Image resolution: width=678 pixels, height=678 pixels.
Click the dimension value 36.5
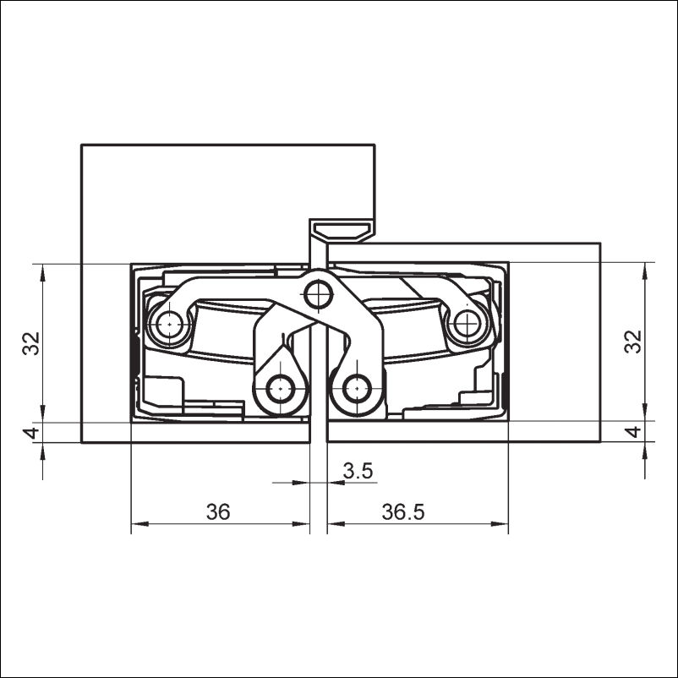click(403, 512)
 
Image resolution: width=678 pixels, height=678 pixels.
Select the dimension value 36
click(218, 512)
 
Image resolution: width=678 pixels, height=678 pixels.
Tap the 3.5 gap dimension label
click(358, 471)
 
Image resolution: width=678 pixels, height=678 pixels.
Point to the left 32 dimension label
click(31, 343)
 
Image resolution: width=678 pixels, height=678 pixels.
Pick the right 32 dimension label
click(633, 342)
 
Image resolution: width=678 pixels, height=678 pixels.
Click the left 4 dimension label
click(31, 432)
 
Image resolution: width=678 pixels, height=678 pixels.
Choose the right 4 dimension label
click(633, 432)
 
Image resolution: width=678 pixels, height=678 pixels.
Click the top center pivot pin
click(318, 295)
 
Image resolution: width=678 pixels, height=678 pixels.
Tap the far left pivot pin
click(169, 324)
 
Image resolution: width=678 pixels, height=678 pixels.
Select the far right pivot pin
click(467, 323)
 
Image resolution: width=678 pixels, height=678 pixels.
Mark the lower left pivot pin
click(280, 389)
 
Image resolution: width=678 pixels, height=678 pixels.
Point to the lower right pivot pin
click(357, 389)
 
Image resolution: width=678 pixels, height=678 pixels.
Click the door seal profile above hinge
click(342, 232)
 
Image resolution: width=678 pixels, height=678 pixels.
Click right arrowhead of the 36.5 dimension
click(500, 524)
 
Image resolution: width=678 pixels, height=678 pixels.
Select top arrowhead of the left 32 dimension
click(42, 272)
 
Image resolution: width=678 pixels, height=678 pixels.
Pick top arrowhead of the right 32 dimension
click(645, 271)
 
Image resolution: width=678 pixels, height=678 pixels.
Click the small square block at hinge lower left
click(163, 391)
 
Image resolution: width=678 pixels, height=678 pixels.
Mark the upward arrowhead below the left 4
click(42, 451)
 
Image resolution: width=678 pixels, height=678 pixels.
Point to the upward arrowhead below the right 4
click(645, 451)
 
